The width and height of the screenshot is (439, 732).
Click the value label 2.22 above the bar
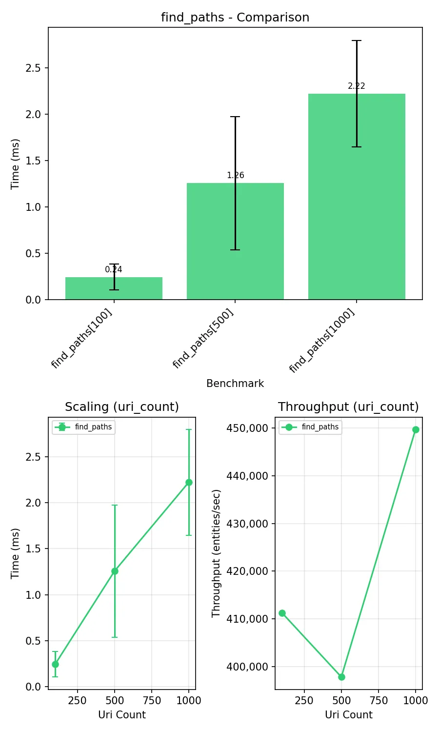[x=357, y=86]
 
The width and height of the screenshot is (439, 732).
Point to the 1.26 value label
[x=235, y=175]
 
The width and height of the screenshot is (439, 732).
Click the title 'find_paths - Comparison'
[x=235, y=18]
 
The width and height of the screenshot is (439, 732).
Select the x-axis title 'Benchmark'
[x=235, y=384]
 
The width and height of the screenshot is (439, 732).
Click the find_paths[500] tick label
[x=203, y=338]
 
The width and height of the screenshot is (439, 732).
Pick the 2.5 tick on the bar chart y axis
[x=33, y=68]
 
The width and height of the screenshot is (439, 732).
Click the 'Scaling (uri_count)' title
[x=122, y=407]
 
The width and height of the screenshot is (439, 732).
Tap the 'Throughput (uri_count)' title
[x=348, y=407]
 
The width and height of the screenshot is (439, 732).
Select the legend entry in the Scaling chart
[x=84, y=427]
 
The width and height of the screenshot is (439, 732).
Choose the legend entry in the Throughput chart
[x=311, y=427]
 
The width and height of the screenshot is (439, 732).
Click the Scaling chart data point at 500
[x=115, y=571]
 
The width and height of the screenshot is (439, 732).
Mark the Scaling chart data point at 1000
[x=189, y=482]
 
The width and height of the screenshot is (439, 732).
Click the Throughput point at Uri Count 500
[x=341, y=677]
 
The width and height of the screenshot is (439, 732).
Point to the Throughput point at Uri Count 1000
[x=416, y=429]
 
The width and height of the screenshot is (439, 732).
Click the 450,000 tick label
[x=247, y=428]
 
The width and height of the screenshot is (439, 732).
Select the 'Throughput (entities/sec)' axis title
[x=216, y=553]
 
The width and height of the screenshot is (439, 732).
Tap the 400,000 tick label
[x=247, y=667]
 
